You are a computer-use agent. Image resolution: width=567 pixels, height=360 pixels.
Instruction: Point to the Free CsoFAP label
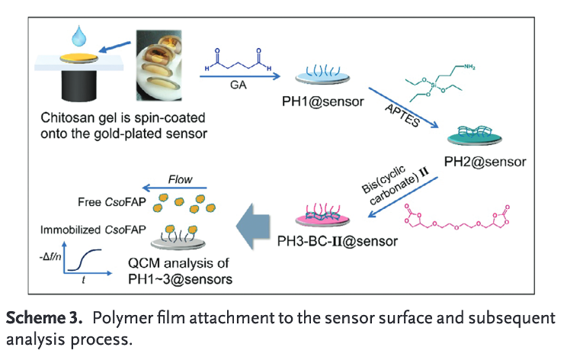(110, 201)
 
